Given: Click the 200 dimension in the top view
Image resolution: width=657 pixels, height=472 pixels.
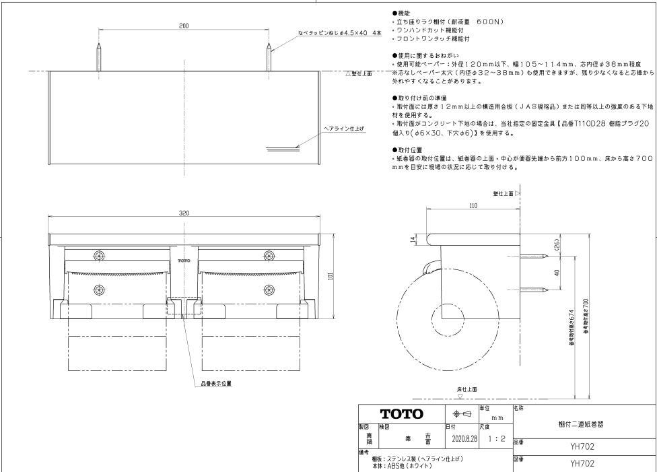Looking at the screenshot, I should pos(184,25).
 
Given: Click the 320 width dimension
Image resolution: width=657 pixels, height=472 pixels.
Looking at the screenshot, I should pos(184,213).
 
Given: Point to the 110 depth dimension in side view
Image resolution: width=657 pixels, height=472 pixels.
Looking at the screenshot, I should pos(473,207).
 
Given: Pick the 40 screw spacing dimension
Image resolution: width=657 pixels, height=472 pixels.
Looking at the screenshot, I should pos(556,273).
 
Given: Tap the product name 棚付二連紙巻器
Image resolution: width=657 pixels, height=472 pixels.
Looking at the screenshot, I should pos(581,424).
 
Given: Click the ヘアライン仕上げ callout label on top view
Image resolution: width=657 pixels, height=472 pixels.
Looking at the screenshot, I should pos(344,127).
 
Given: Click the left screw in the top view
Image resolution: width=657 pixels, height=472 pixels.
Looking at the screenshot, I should pos(99,57).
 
